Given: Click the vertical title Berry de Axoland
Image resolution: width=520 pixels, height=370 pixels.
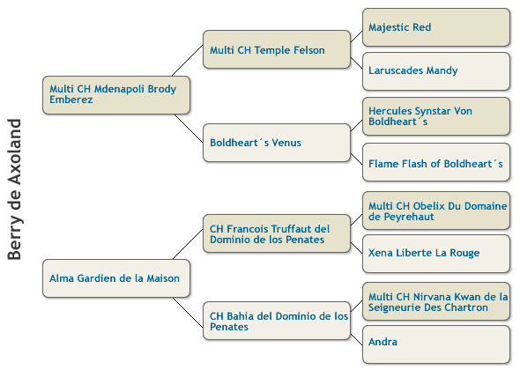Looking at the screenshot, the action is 15,189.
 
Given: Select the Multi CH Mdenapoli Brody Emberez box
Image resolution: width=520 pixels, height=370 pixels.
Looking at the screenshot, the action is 116,95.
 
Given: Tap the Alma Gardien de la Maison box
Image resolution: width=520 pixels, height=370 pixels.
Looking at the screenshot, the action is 116,278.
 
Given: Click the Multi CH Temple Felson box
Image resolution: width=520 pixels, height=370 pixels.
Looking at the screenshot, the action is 277,49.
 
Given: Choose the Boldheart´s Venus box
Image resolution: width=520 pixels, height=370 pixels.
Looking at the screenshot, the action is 277,143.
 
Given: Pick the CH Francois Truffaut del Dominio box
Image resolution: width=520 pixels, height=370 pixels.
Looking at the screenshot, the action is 277,233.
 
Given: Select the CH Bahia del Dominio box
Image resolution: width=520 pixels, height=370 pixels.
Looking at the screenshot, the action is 277,321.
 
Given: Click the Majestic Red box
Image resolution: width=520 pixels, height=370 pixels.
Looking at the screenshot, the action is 436,27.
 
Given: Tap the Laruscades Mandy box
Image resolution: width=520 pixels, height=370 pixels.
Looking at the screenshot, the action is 436,71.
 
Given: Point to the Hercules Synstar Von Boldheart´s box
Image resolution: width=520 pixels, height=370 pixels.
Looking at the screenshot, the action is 436,116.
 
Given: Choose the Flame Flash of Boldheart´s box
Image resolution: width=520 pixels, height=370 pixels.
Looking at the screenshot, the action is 436,162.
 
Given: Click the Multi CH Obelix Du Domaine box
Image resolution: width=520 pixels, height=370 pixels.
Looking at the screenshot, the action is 436,211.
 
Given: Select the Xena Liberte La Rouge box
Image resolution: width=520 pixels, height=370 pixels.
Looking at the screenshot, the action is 436,254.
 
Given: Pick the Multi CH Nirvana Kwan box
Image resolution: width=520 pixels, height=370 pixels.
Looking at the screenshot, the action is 436,301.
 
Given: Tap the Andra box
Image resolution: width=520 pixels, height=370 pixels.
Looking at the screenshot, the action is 436,344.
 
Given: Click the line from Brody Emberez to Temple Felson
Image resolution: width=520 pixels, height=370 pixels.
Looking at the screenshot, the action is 188,61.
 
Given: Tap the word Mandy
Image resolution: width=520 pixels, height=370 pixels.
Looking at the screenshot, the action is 442,70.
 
